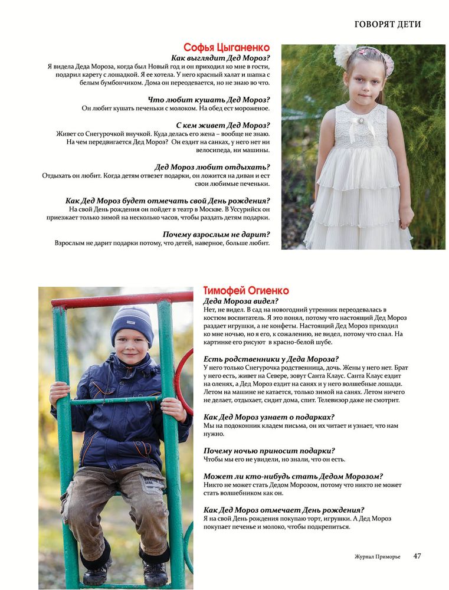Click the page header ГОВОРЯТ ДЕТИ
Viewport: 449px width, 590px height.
(388, 24)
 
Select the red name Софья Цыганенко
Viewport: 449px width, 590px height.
(227, 47)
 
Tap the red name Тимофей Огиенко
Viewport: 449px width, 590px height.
(246, 290)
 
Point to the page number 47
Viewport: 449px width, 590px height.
(417, 556)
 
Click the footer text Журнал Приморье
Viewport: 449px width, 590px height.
(377, 556)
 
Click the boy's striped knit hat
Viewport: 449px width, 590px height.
(132, 322)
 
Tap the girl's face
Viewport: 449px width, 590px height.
(363, 81)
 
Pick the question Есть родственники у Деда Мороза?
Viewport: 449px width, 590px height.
(271, 359)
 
